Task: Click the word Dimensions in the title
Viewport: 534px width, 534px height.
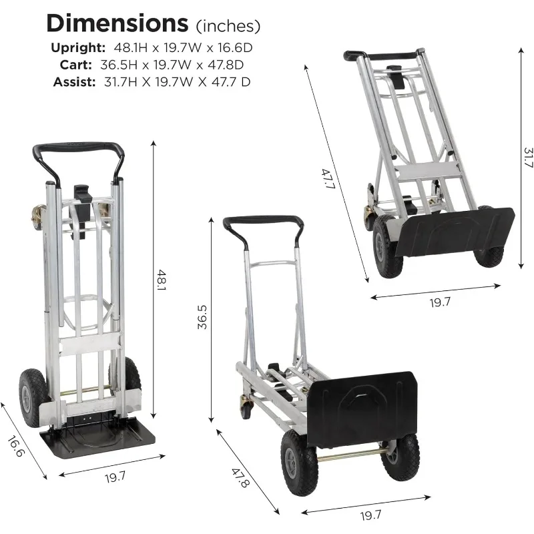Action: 116,23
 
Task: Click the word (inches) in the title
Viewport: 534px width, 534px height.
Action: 227,26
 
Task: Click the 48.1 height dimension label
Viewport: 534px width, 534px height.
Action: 162,280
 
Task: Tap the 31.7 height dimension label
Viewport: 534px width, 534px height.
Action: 527,159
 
